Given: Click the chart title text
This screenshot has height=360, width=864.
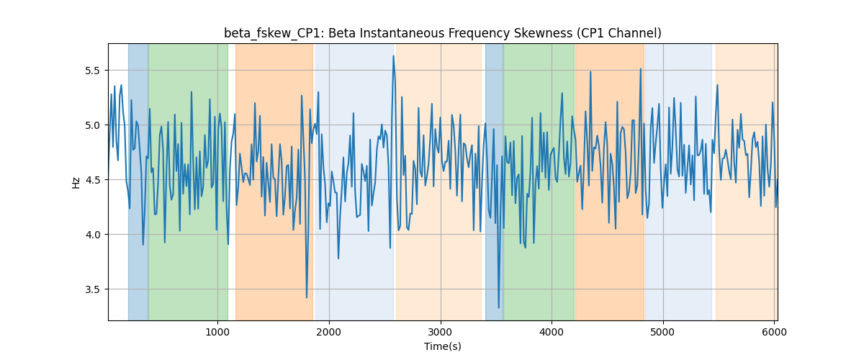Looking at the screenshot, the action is tap(442, 34).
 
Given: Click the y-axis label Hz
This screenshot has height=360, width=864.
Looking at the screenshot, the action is tap(76, 183).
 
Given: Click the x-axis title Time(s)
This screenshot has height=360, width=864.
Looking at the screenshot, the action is tap(442, 346).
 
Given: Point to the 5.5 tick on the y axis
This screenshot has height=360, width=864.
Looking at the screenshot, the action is tap(92, 71).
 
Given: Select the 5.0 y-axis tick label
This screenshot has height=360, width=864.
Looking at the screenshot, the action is tap(92, 125).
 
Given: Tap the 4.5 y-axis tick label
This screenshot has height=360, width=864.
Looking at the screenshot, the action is tap(92, 180).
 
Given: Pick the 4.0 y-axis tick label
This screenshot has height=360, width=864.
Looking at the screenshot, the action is tap(92, 235).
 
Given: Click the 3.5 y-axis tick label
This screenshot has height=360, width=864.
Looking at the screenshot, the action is tap(92, 289).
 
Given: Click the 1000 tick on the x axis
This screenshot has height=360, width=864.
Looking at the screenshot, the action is tap(217, 332).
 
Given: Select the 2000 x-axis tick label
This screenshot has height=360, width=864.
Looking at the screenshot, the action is tap(329, 332).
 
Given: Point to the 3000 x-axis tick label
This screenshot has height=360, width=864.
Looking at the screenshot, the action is tap(441, 332).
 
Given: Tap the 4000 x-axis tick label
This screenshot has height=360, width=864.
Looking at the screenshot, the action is tap(552, 332).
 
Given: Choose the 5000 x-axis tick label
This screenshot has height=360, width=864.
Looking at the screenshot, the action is tap(663, 332).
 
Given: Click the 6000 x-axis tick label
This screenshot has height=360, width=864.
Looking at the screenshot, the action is tap(774, 332).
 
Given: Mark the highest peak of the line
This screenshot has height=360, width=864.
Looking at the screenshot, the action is tap(393, 56).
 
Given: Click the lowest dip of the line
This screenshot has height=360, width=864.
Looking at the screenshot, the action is tap(499, 307).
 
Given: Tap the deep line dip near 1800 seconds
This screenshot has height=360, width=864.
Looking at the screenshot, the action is tap(307, 297).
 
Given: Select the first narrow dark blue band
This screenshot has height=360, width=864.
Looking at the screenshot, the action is tap(138, 181).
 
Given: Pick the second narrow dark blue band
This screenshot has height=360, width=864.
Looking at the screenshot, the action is tap(494, 181).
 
